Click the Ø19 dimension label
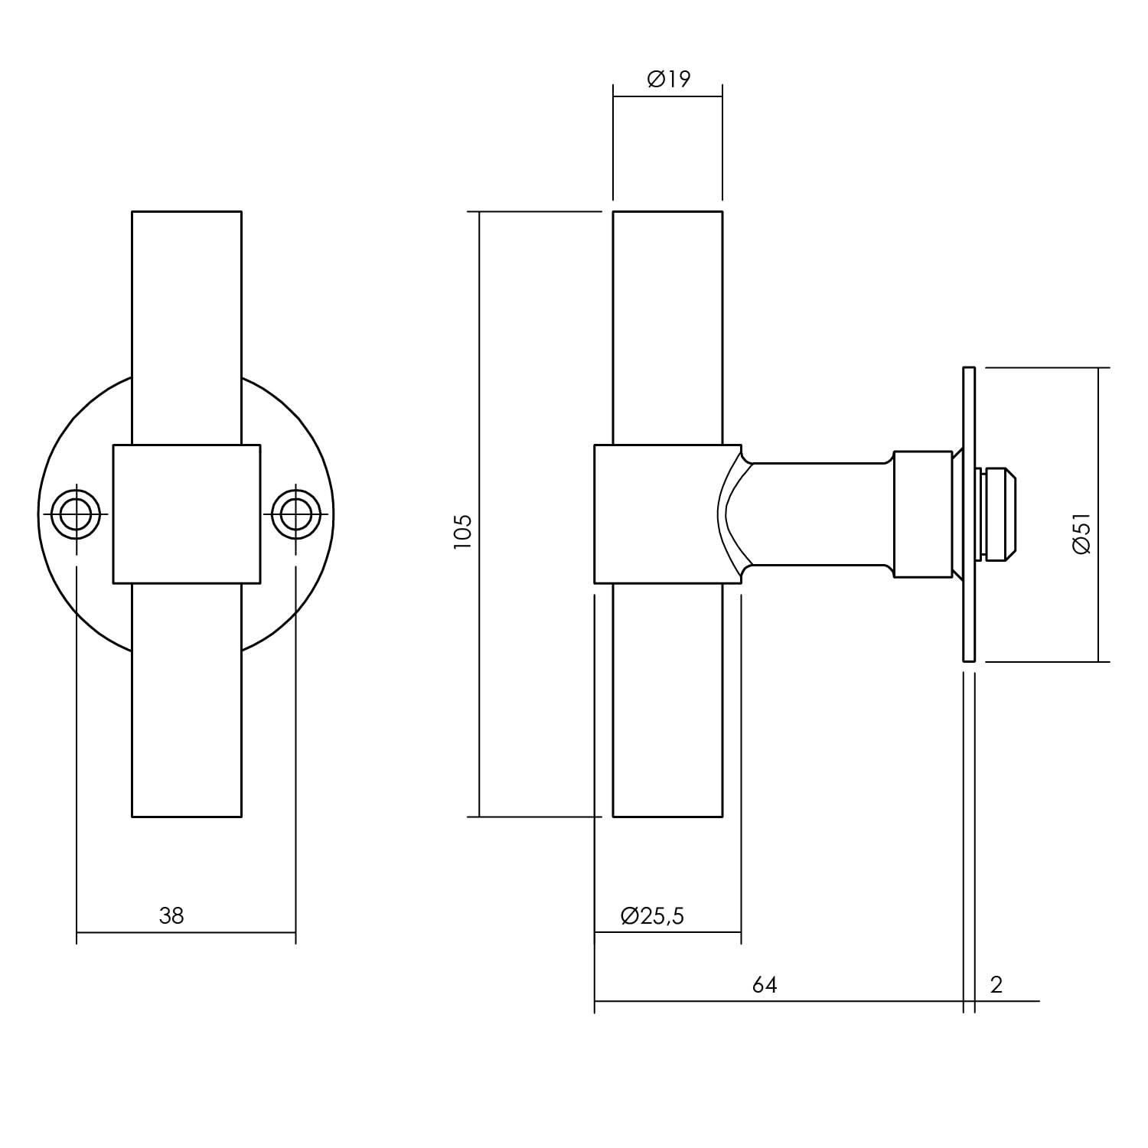(x=668, y=79)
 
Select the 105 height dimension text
(x=462, y=532)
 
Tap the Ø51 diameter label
(x=1081, y=533)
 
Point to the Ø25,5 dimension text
(x=652, y=915)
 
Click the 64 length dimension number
(x=764, y=984)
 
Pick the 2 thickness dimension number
(x=996, y=984)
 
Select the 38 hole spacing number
(x=171, y=915)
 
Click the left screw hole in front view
(x=76, y=514)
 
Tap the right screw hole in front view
(x=296, y=514)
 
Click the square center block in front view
(x=186, y=514)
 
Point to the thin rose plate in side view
(x=968, y=514)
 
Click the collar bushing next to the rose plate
(x=923, y=514)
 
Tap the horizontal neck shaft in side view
(x=819, y=514)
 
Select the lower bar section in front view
(x=186, y=700)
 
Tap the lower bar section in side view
(x=667, y=700)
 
